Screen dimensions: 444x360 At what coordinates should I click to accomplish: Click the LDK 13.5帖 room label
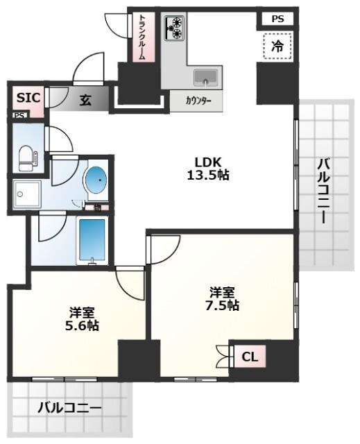pyautogui.click(x=207, y=169)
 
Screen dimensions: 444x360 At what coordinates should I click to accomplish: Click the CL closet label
pyautogui.click(x=250, y=357)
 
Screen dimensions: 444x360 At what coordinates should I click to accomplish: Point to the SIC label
pyautogui.click(x=28, y=98)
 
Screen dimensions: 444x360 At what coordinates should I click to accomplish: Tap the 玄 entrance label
pyautogui.click(x=84, y=100)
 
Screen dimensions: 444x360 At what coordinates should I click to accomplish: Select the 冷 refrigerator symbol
pyautogui.click(x=277, y=47)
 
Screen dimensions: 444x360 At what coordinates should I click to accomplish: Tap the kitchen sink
pyautogui.click(x=205, y=76)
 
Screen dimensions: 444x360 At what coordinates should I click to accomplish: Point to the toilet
pyautogui.click(x=27, y=157)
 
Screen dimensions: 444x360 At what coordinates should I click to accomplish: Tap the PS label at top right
pyautogui.click(x=277, y=19)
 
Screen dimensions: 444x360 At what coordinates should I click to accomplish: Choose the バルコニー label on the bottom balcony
pyautogui.click(x=69, y=407)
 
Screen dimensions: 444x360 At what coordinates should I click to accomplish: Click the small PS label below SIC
pyautogui.click(x=19, y=116)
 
